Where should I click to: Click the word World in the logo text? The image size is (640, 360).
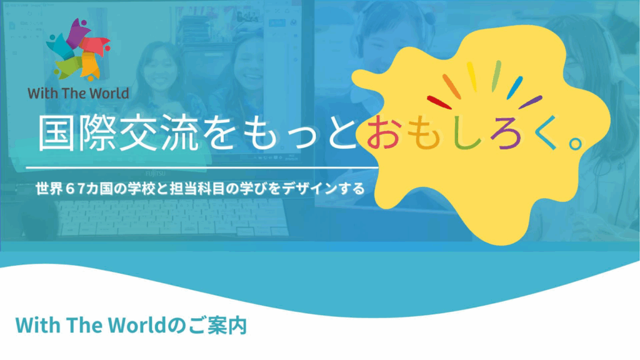[x=109, y=94]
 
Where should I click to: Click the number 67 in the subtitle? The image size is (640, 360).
[x=74, y=189]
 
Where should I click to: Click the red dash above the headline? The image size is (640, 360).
[x=439, y=102]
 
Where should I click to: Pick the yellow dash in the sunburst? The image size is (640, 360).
[x=472, y=76]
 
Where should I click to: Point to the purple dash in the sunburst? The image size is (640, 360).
[x=530, y=102]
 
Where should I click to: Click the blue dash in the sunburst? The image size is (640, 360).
[x=515, y=87]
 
